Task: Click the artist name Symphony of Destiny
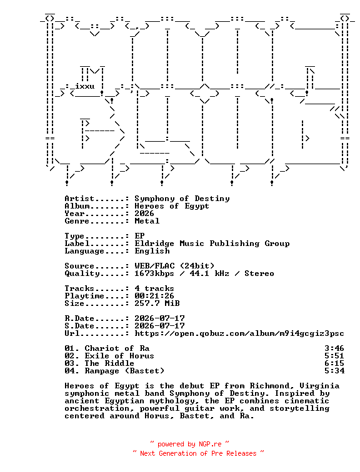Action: [182, 199]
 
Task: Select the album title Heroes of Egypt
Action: [172, 206]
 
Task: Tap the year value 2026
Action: [144, 214]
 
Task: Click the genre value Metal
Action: [147, 221]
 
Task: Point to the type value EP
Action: [139, 236]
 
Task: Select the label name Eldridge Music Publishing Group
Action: [212, 243]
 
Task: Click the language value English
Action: [152, 251]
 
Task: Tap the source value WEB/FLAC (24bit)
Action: [174, 266]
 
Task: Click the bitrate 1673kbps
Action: [154, 273]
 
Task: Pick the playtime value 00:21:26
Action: [154, 296]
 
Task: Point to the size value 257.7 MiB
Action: [157, 303]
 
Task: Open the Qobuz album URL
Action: [239, 333]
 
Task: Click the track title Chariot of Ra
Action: [117, 348]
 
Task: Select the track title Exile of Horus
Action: [119, 356]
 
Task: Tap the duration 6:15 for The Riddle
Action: [334, 363]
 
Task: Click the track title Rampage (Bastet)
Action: [124, 371]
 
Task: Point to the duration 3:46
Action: [334, 348]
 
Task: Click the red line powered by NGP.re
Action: [189, 444]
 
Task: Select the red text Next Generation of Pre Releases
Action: [198, 453]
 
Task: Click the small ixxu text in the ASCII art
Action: [84, 86]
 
